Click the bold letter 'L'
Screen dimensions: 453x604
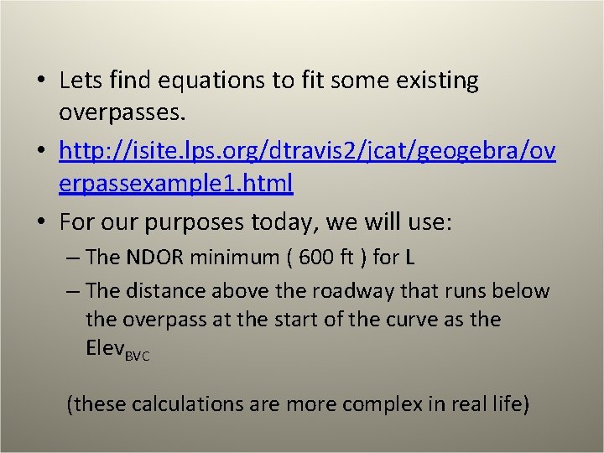409,257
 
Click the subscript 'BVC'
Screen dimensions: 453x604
137,356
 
